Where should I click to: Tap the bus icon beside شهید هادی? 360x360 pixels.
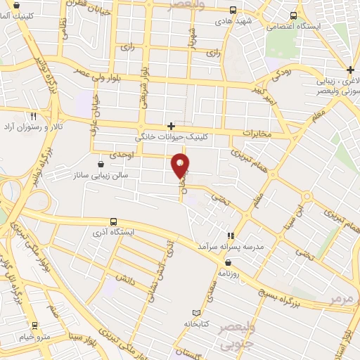(x=233, y=10)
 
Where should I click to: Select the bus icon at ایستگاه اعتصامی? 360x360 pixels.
(x=293, y=15)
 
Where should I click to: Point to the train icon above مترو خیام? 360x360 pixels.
(x=34, y=325)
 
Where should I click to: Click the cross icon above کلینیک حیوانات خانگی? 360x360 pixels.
(x=171, y=126)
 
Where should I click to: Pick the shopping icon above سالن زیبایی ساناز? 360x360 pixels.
(x=103, y=163)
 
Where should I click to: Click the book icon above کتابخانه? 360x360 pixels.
(x=197, y=312)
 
